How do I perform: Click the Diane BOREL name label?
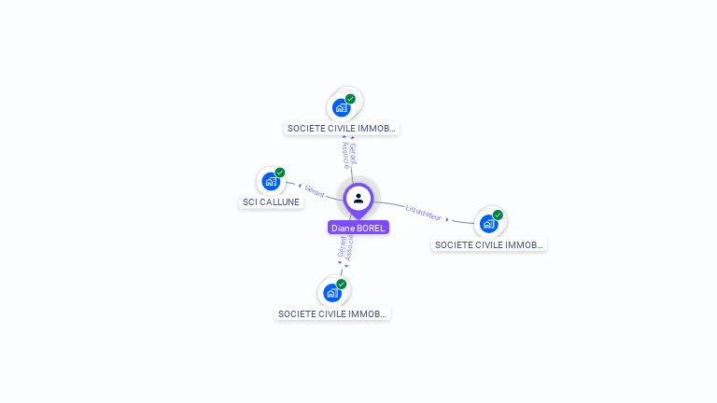coord(358,228)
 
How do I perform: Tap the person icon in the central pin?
coord(358,198)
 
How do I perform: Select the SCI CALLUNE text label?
coord(272,201)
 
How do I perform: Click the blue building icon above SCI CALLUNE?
coord(271,181)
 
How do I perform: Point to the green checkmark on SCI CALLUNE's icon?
coord(280,173)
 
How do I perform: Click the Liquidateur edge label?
coord(424,214)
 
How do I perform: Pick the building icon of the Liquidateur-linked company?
coord(487,224)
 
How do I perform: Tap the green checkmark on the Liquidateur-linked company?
coord(498,215)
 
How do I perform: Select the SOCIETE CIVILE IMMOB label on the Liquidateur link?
coord(489,244)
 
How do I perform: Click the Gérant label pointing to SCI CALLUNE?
coord(315,192)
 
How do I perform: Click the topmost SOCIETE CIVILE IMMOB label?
coord(342,128)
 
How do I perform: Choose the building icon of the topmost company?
coord(341,107)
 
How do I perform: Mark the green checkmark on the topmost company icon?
coord(350,99)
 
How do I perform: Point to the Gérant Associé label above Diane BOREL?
coord(348,155)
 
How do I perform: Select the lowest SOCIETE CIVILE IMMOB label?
coord(332,313)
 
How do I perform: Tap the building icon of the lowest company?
coord(331,293)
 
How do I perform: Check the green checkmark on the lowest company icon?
coord(342,284)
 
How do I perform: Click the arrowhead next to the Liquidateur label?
coord(447,220)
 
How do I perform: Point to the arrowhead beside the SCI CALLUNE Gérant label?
coord(299,187)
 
